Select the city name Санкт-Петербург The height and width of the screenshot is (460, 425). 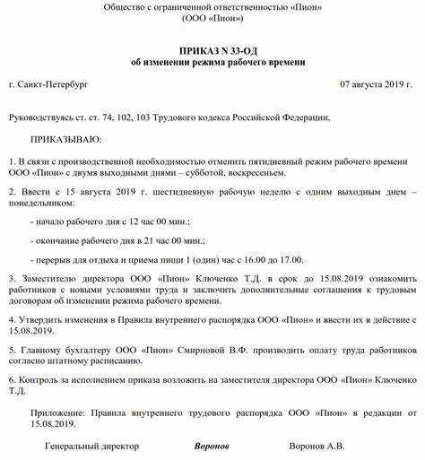tap(53, 83)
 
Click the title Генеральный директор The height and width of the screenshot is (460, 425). tap(93, 445)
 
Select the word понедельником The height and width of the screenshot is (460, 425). tap(43, 204)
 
